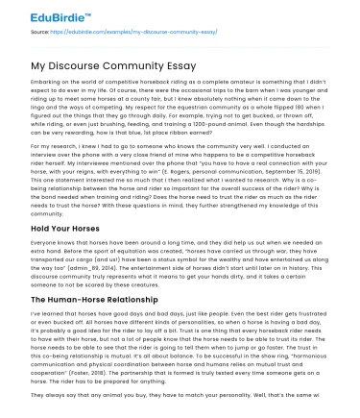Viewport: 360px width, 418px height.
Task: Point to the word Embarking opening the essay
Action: pyautogui.click(x=48, y=85)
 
